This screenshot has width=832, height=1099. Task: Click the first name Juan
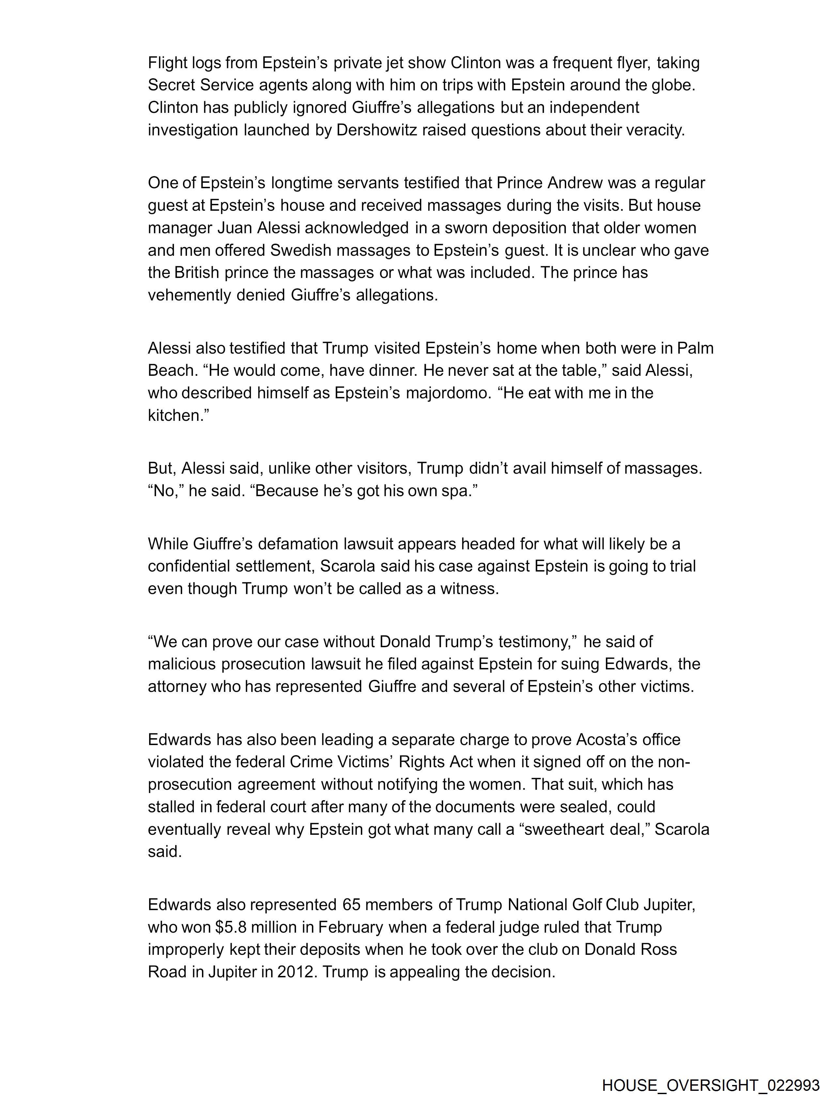click(x=235, y=228)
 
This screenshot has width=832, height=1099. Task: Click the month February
click(x=350, y=927)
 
